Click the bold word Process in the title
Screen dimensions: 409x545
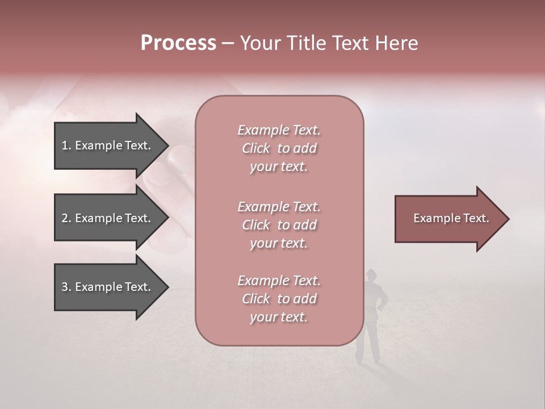pyautogui.click(x=178, y=43)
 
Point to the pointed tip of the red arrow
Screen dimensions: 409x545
pyautogui.click(x=507, y=219)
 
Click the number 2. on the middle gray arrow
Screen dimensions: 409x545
pyautogui.click(x=66, y=218)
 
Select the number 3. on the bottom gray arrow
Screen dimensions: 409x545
pyautogui.click(x=66, y=287)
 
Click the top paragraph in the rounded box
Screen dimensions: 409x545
pyautogui.click(x=279, y=148)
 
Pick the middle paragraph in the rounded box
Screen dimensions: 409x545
pyautogui.click(x=279, y=225)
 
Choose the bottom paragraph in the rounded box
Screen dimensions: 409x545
pyautogui.click(x=279, y=299)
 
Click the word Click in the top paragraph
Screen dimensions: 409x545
pyautogui.click(x=256, y=148)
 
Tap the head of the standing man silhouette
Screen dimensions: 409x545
pyautogui.click(x=372, y=274)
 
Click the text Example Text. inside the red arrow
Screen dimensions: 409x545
pyautogui.click(x=451, y=218)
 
